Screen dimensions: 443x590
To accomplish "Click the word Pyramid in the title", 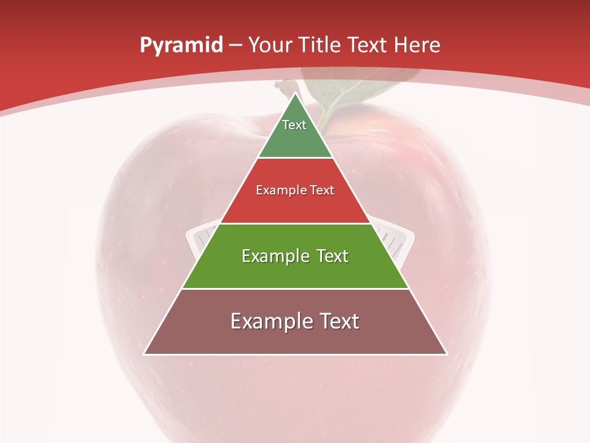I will pos(181,45).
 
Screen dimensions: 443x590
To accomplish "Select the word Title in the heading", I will pos(322,45).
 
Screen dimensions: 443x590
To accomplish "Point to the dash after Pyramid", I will pos(235,46).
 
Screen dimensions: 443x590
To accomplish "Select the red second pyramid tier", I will pos(296,203).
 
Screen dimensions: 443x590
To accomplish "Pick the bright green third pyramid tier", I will pos(296,271).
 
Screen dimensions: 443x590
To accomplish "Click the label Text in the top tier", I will pos(294,125).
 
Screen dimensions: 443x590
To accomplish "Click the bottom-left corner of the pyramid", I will pos(145,353).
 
